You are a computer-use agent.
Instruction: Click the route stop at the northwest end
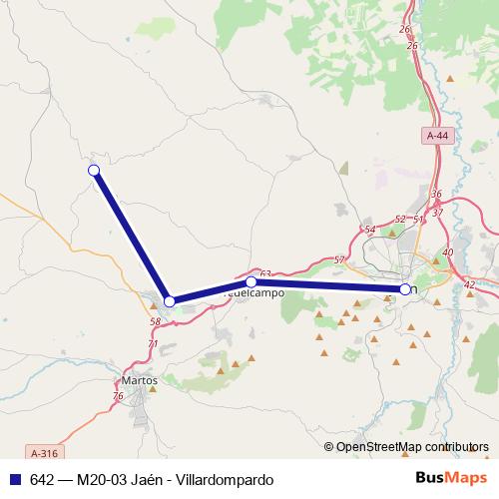pos(94,171)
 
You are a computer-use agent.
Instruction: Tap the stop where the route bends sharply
pos(170,300)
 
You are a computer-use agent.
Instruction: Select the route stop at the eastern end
pos(404,289)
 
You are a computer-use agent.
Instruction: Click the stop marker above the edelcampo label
pos(250,282)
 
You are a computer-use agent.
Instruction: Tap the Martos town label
pos(139,379)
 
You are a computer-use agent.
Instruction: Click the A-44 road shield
pos(436,135)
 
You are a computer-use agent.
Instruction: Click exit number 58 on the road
pos(155,321)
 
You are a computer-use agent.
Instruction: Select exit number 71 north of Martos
pos(152,344)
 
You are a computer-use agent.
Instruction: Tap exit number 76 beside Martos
pos(118,397)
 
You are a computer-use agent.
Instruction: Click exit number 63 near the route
pos(264,273)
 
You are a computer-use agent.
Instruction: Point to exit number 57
pos(339,259)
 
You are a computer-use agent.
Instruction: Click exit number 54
pos(370,230)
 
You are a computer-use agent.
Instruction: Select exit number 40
pos(447,252)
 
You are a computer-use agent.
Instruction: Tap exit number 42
pos(469,285)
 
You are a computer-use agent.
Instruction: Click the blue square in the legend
pos(13,479)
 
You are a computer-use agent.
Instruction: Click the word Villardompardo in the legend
pos(228,479)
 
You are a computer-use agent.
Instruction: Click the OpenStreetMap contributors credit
pos(406,446)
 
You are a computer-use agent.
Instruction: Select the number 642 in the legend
pos(42,479)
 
